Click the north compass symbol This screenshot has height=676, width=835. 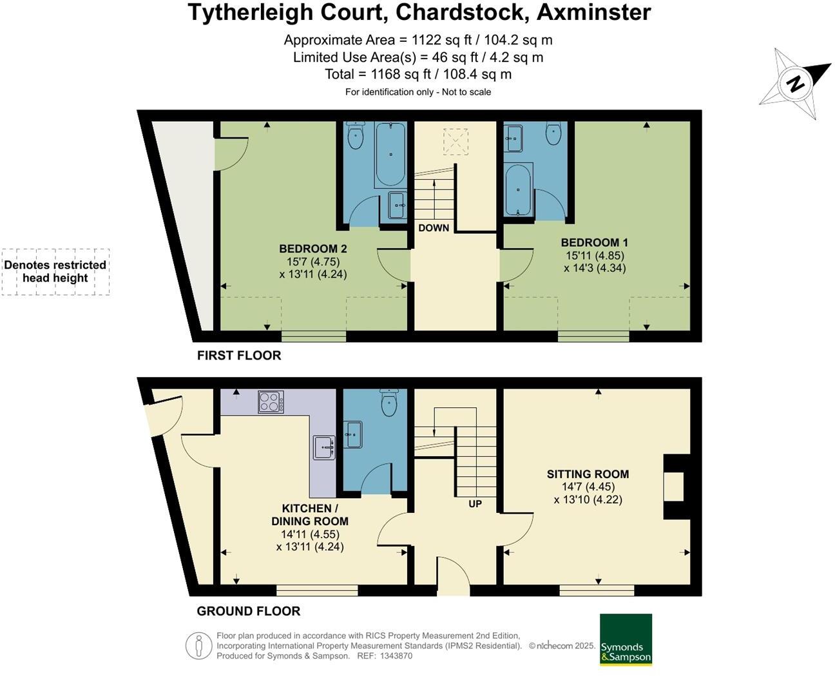pyautogui.click(x=796, y=84)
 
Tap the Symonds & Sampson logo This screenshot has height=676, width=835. pyautogui.click(x=626, y=639)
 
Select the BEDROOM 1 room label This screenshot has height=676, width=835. pyautogui.click(x=594, y=243)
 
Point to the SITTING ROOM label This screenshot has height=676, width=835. pyautogui.click(x=588, y=474)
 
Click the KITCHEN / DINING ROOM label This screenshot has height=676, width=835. pyautogui.click(x=310, y=515)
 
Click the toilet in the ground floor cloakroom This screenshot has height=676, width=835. pyautogui.click(x=389, y=403)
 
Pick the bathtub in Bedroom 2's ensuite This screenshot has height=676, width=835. pyautogui.click(x=390, y=155)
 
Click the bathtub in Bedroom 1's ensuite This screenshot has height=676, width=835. pyautogui.click(x=518, y=190)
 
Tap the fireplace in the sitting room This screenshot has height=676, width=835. pyautogui.click(x=675, y=487)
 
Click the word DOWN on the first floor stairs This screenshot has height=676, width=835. pyautogui.click(x=434, y=228)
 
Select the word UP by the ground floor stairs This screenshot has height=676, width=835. pyautogui.click(x=475, y=504)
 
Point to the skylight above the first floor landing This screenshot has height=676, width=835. pyautogui.click(x=456, y=142)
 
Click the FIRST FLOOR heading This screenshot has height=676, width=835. pyautogui.click(x=239, y=356)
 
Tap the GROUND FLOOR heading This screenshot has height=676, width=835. pyautogui.click(x=249, y=611)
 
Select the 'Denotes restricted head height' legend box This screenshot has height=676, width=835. pyautogui.click(x=55, y=272)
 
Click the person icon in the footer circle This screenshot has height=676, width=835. pyautogui.click(x=199, y=646)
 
